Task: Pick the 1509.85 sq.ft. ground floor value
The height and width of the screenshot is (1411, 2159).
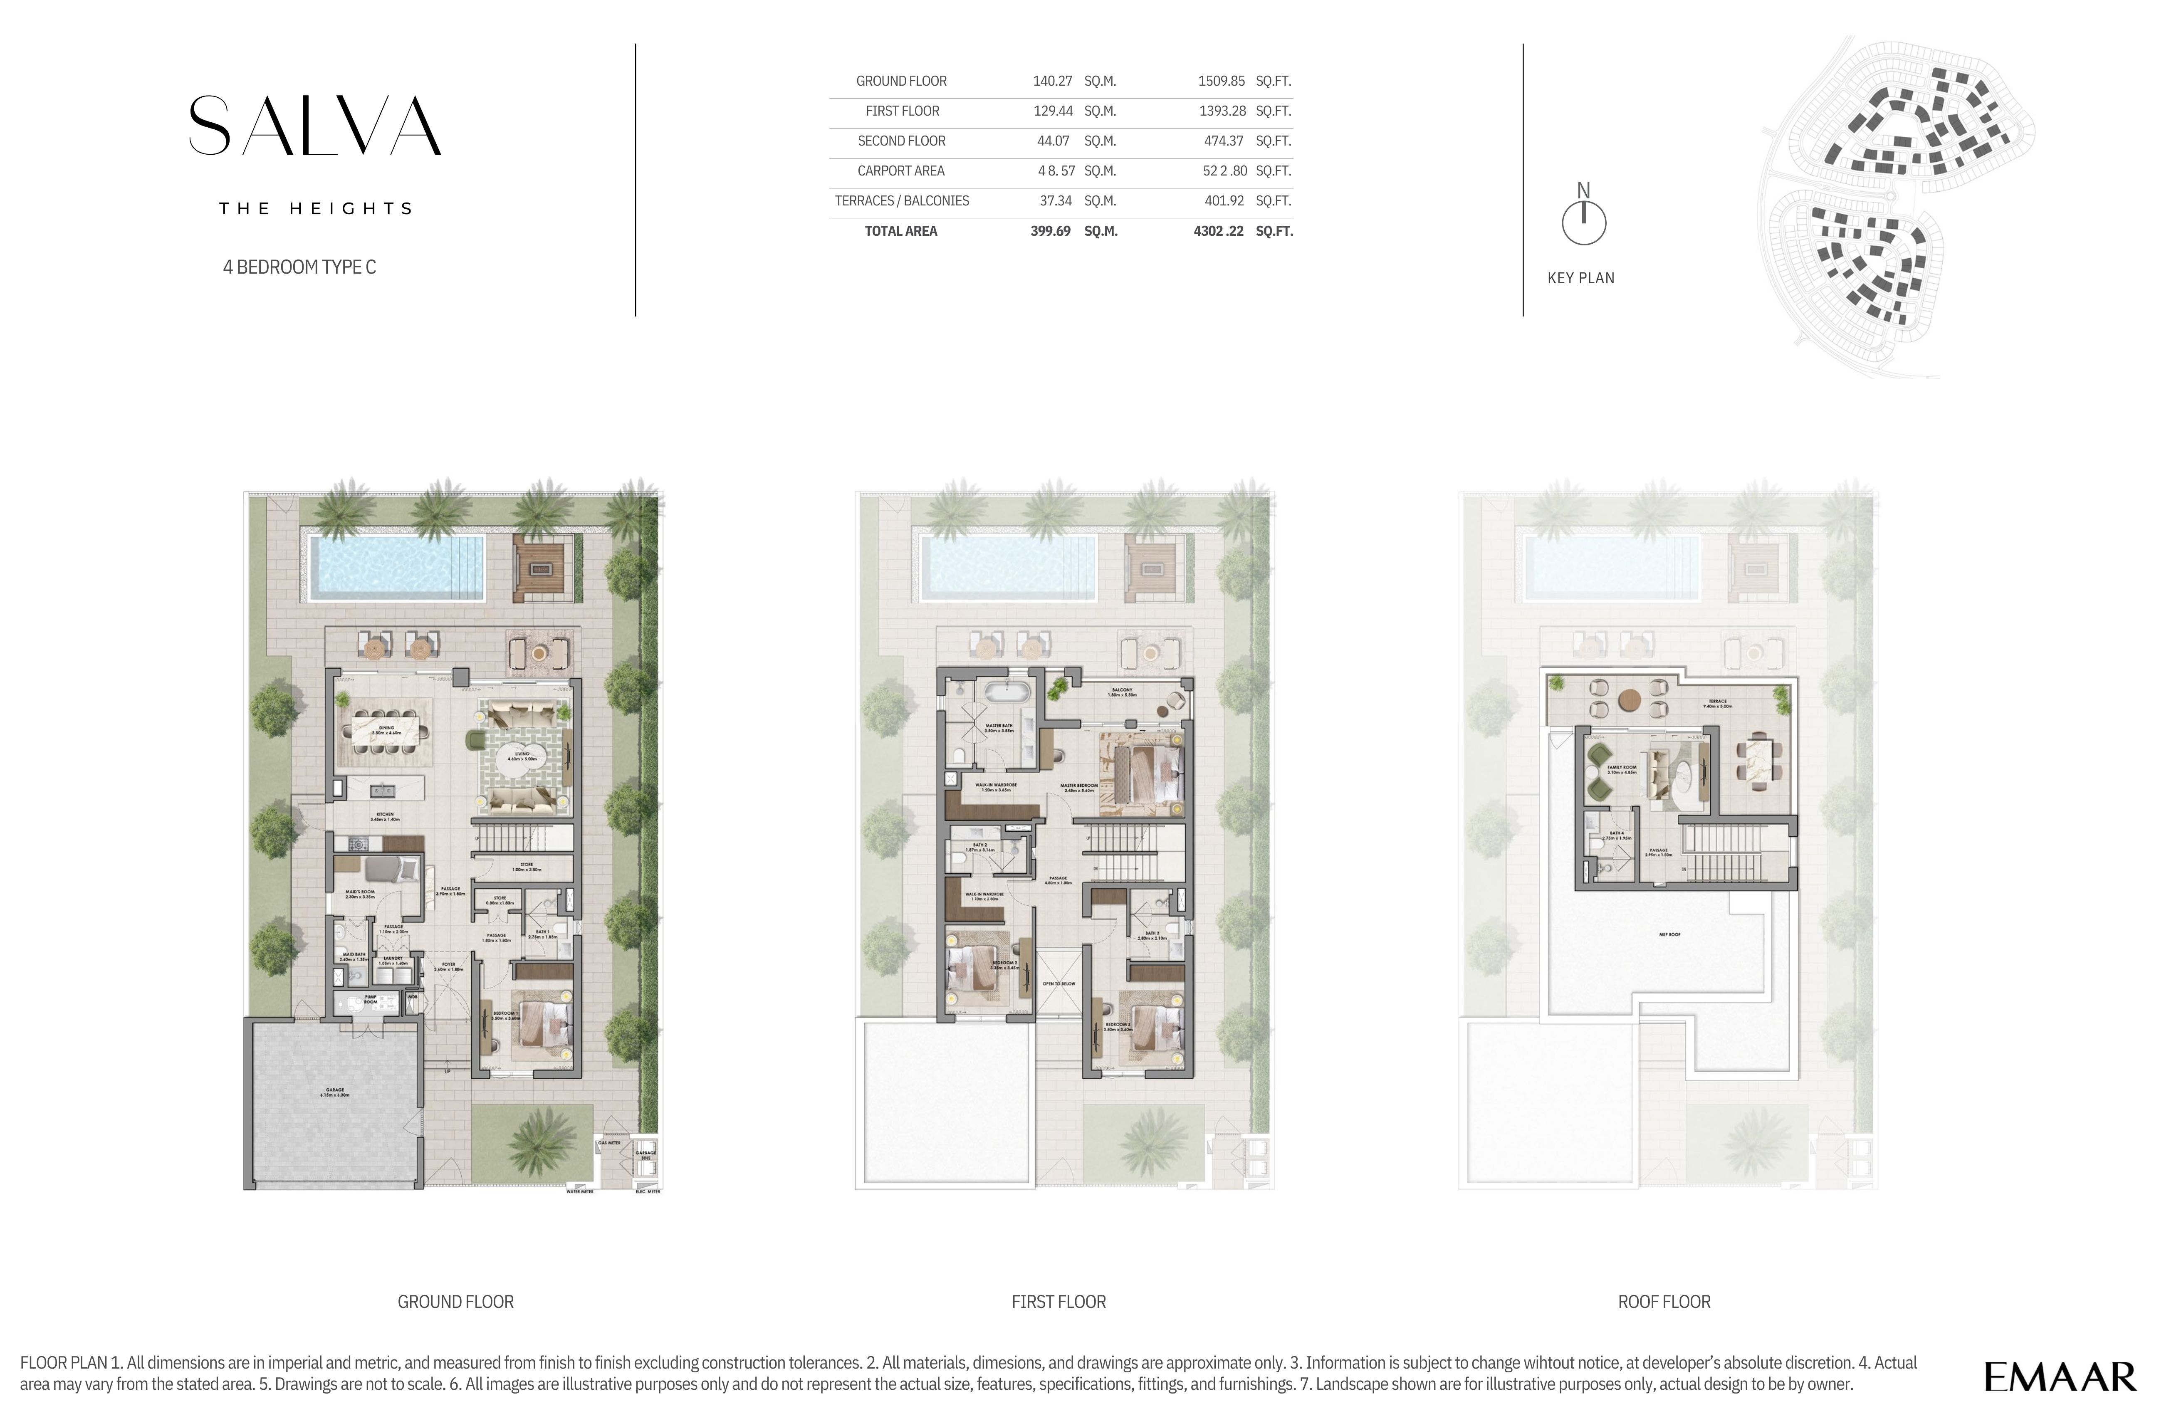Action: pos(1221,81)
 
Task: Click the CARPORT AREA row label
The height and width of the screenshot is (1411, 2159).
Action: pos(901,171)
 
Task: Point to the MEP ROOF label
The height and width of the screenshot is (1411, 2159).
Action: pos(1669,934)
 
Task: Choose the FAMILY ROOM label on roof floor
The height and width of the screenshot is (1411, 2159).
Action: pos(1622,769)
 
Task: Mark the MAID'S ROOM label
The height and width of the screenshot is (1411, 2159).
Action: pos(360,893)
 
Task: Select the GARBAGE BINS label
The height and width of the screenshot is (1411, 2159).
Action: pos(646,1154)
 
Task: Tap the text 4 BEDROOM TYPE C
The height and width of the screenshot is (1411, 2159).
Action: pos(299,267)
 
